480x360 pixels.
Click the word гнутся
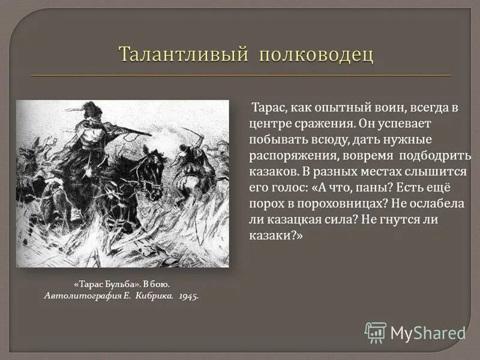pos(403,219)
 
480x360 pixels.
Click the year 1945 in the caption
pos(188,296)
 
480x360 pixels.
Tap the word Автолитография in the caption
pos(77,296)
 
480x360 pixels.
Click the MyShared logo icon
pos(376,332)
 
